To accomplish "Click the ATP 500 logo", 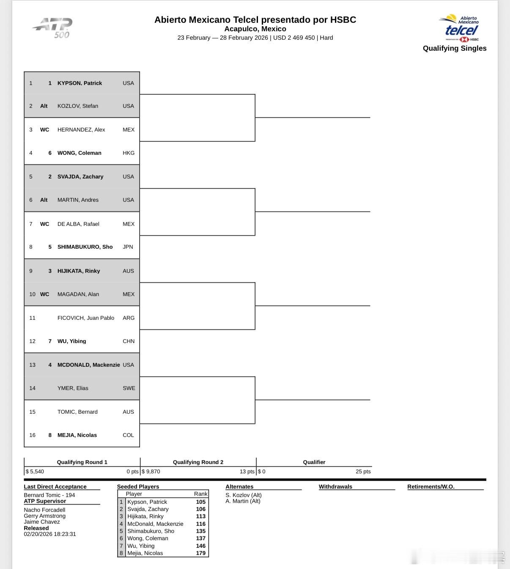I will [x=53, y=27].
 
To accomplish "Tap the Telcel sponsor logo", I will [x=460, y=29].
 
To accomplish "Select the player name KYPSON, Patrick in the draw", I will [x=80, y=83].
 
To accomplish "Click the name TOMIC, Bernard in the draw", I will [x=77, y=412].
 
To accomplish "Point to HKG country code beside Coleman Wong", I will [x=129, y=153].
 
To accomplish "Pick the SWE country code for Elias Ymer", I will [x=129, y=388].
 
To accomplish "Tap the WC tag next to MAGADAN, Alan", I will [x=44, y=294].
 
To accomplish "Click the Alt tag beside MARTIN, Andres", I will [x=44, y=200].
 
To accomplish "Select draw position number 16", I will [x=32, y=435].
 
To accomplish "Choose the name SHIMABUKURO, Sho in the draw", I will [x=85, y=247].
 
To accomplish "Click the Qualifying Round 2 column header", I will [x=198, y=462].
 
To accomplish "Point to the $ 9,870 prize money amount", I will [x=151, y=472].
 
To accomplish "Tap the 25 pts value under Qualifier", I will [x=363, y=472].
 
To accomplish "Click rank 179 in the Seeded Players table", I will [x=200, y=553].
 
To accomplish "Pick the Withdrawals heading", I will [x=335, y=487].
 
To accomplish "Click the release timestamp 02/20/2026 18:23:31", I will [x=50, y=534].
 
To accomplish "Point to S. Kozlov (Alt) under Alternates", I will [x=244, y=495].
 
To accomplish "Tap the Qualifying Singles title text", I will [x=455, y=48].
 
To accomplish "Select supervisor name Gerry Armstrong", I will [x=44, y=516].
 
